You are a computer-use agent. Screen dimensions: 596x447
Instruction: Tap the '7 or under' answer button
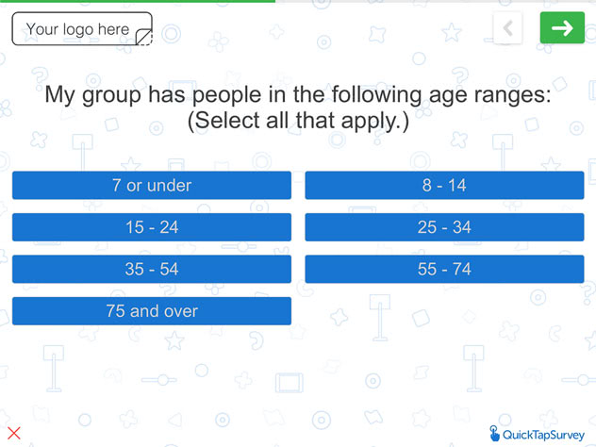[152, 185]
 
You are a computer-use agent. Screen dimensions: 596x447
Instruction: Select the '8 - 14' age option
[444, 185]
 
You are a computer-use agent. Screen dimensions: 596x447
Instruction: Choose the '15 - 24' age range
[152, 227]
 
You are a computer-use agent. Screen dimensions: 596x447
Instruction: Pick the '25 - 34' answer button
[444, 227]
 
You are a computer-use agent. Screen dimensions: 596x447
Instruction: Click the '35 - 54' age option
[152, 269]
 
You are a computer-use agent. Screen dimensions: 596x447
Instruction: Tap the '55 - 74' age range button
[444, 269]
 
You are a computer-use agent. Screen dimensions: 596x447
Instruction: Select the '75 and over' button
[152, 311]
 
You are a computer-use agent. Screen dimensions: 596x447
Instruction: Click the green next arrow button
[562, 27]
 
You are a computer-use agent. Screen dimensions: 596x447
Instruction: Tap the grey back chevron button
[507, 27]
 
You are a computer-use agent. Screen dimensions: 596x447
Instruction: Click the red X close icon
[14, 433]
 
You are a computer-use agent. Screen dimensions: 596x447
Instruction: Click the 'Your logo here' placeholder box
[82, 29]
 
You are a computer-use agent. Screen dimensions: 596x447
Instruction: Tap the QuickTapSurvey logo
[537, 434]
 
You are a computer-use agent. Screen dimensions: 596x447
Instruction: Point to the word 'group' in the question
[111, 96]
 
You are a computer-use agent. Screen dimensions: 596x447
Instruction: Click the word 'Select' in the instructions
[225, 121]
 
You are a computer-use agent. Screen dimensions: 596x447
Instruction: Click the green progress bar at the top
[138, 1]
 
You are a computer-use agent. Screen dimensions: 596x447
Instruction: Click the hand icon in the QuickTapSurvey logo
[494, 434]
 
